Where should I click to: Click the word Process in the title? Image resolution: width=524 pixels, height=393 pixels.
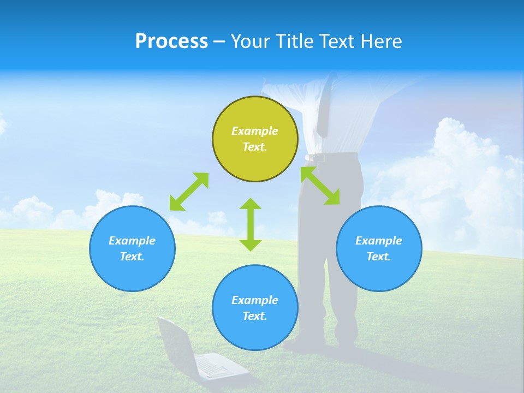pyautogui.click(x=171, y=41)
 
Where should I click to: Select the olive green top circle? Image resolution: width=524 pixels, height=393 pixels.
pyautogui.click(x=255, y=139)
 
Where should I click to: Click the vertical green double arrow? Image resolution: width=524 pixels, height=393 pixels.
pyautogui.click(x=251, y=224)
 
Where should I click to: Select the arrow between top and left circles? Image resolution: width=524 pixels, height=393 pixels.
pyautogui.click(x=189, y=191)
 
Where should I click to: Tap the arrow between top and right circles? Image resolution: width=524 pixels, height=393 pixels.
pyautogui.click(x=320, y=186)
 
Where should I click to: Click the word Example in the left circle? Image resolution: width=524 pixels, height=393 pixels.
pyautogui.click(x=132, y=241)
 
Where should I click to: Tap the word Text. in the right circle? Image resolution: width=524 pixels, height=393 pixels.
pyautogui.click(x=379, y=257)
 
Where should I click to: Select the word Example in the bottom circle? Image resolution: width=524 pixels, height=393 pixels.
pyautogui.click(x=255, y=300)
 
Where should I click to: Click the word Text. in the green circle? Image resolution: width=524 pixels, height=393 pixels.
pyautogui.click(x=255, y=147)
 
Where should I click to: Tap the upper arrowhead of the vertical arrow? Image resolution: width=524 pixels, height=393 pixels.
pyautogui.click(x=251, y=205)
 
